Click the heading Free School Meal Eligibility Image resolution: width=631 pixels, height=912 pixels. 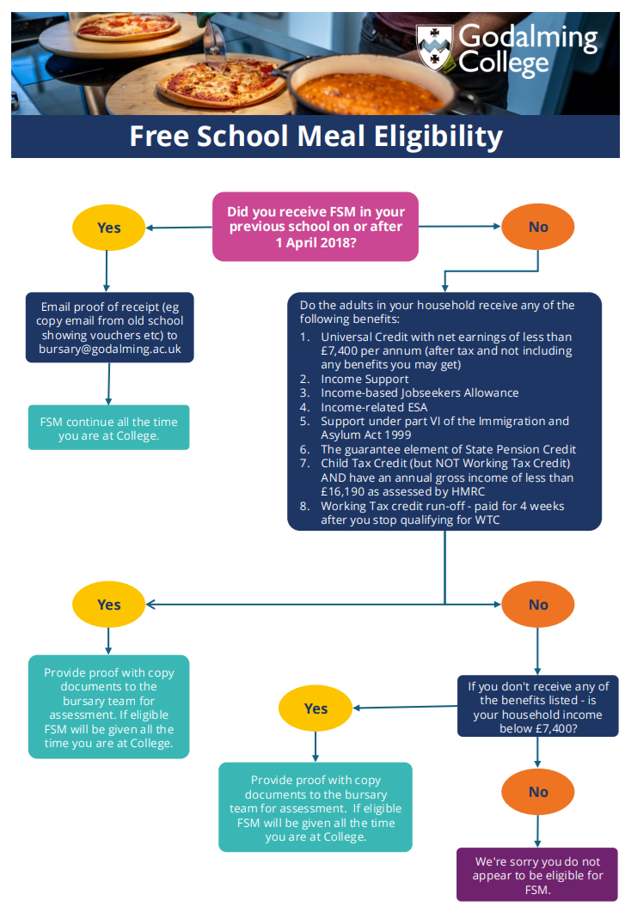click(x=315, y=137)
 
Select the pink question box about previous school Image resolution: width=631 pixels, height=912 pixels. click(x=315, y=227)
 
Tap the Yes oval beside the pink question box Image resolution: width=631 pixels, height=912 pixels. click(x=108, y=228)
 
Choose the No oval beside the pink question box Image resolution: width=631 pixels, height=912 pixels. click(x=538, y=228)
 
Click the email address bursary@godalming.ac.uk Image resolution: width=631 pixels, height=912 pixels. click(x=109, y=350)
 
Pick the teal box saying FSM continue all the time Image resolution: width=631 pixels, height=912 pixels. click(x=109, y=429)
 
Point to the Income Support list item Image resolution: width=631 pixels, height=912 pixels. click(x=365, y=379)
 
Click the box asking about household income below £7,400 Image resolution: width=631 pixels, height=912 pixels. click(x=537, y=707)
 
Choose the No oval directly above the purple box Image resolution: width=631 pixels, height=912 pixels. click(x=538, y=792)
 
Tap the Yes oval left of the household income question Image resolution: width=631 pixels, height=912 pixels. click(x=315, y=708)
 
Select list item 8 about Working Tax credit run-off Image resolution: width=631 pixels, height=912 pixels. click(x=442, y=513)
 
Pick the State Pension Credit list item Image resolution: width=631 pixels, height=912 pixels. click(x=448, y=449)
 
